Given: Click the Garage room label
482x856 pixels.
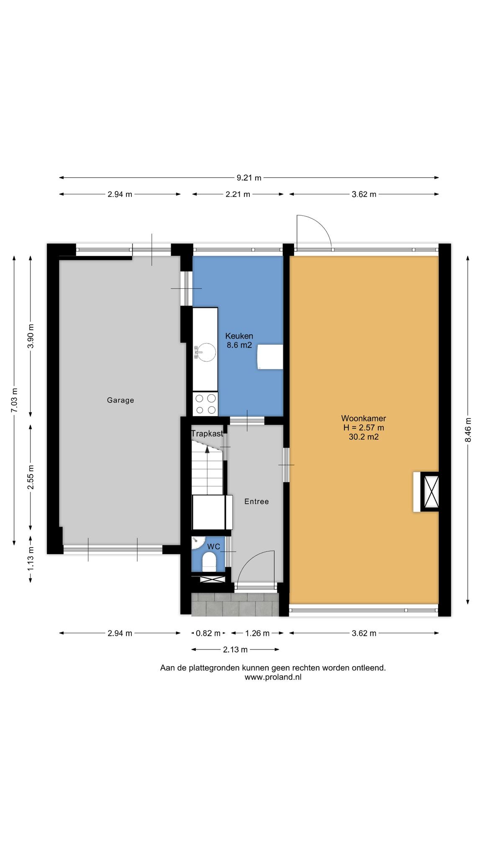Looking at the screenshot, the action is pyautogui.click(x=120, y=400).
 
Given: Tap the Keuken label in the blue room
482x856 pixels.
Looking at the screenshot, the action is pyautogui.click(x=239, y=336).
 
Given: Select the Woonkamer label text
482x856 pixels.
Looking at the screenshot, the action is pyautogui.click(x=364, y=418).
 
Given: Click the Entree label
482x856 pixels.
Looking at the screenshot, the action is pyautogui.click(x=256, y=502).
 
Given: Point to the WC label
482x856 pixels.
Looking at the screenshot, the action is pyautogui.click(x=214, y=547).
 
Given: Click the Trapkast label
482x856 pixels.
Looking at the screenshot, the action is pyautogui.click(x=207, y=434).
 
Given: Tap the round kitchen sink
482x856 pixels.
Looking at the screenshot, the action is pyautogui.click(x=205, y=352).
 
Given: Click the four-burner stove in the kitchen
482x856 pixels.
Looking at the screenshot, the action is pyautogui.click(x=205, y=404).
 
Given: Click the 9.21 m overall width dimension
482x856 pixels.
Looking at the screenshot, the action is pyautogui.click(x=249, y=178).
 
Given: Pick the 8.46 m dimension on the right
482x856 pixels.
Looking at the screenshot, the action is pyautogui.click(x=468, y=430).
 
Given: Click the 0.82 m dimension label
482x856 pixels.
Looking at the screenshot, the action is pyautogui.click(x=208, y=633).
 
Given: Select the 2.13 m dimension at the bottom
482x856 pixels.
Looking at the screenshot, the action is pyautogui.click(x=235, y=650).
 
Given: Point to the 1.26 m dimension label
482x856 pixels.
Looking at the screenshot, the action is pyautogui.click(x=257, y=633).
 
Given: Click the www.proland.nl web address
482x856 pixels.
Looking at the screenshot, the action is pyautogui.click(x=273, y=678).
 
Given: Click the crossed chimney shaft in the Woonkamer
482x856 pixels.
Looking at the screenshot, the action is pyautogui.click(x=430, y=492).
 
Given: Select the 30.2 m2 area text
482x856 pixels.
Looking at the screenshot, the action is pyautogui.click(x=364, y=437).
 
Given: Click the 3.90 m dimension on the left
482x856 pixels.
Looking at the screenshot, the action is pyautogui.click(x=31, y=336).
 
